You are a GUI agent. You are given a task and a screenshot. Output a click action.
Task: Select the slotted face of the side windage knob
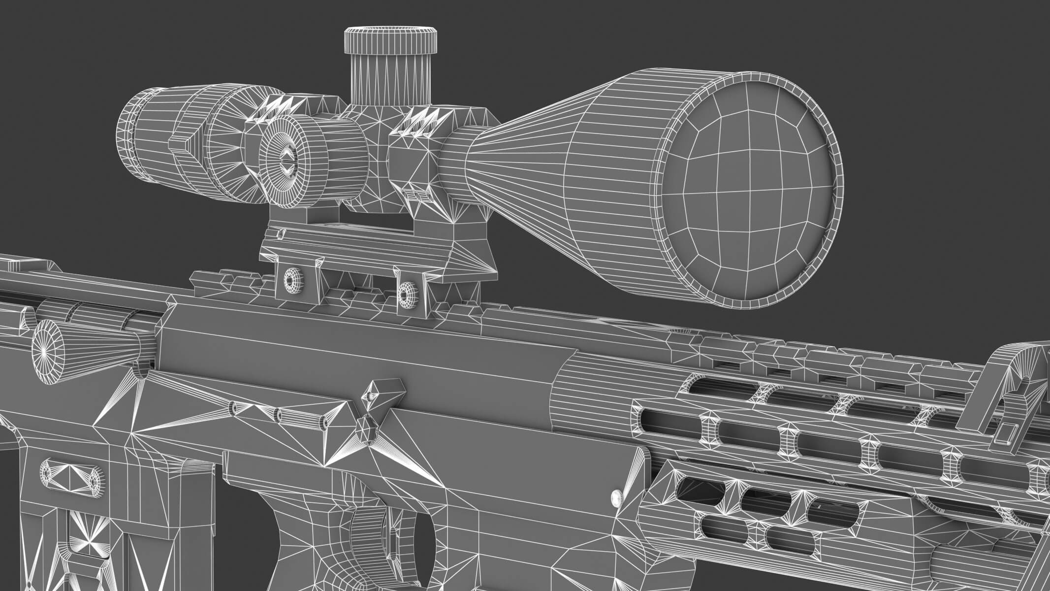286,160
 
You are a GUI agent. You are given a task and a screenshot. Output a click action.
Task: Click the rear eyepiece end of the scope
129,133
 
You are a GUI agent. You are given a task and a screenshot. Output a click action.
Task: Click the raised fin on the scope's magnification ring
180,143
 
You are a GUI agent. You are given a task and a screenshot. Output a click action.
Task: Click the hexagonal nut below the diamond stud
367,426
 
